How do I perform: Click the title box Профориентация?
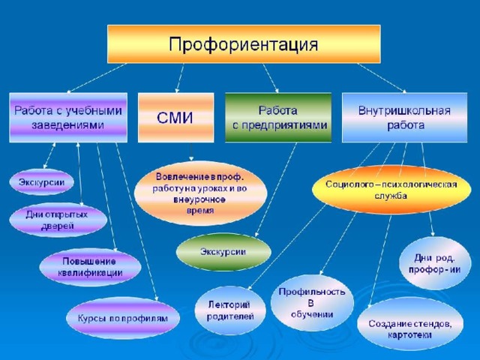click(244, 44)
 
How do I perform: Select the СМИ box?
click(176, 118)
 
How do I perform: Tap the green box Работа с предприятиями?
click(278, 118)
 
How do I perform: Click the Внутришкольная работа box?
click(405, 118)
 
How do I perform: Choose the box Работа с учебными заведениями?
click(68, 118)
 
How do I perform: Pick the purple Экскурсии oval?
click(42, 182)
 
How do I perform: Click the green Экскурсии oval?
click(223, 252)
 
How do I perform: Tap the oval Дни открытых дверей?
click(58, 220)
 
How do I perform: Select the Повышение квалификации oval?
click(90, 267)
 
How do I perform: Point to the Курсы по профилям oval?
click(123, 318)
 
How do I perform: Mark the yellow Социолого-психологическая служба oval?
click(391, 190)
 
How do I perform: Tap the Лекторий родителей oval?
click(230, 310)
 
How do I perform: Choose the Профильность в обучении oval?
click(312, 303)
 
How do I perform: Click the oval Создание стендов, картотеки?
click(410, 328)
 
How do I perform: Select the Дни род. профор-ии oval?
click(435, 263)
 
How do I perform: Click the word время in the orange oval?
click(200, 211)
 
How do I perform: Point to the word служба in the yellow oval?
click(391, 196)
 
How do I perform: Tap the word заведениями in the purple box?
click(67, 125)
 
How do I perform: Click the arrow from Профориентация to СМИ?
click(180, 78)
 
